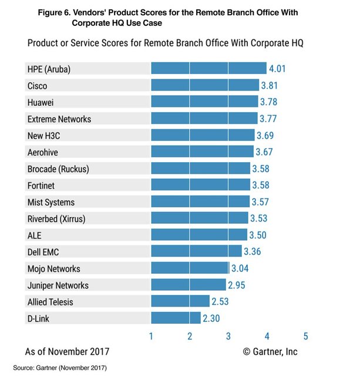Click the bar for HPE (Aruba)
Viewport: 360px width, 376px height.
(x=208, y=69)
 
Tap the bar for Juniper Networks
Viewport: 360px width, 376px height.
(x=188, y=285)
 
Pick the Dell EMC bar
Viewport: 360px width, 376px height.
(x=196, y=251)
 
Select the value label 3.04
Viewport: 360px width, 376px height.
(x=240, y=268)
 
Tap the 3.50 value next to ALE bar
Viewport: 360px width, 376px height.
(x=258, y=235)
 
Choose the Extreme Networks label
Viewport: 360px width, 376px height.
(x=59, y=119)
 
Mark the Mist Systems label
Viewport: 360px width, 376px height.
(x=51, y=202)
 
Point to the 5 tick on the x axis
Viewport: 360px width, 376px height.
(x=305, y=337)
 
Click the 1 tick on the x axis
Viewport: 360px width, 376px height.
(x=152, y=337)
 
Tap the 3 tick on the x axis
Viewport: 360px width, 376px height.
(x=228, y=337)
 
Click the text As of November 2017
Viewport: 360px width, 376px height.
(x=67, y=352)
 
